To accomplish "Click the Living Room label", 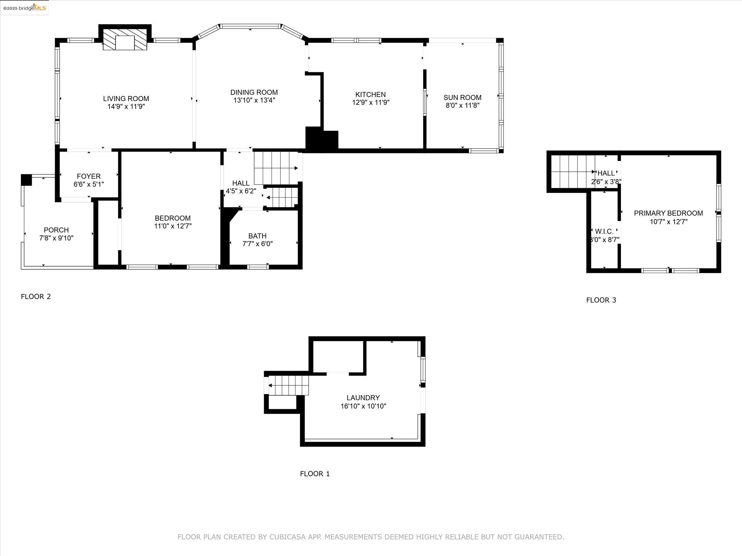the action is [x=126, y=99].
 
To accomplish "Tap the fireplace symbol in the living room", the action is [x=125, y=39].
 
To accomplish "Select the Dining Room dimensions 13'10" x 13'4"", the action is [x=254, y=100].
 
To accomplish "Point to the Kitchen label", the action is [x=371, y=95].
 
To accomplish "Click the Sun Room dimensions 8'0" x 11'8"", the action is [x=463, y=105].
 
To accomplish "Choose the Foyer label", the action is [x=88, y=176].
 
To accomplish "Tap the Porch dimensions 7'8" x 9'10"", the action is [x=56, y=238].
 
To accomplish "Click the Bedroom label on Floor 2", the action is [x=173, y=218].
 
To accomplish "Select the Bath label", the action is [x=257, y=236].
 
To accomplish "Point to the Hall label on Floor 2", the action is [x=241, y=183].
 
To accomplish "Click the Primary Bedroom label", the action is [x=668, y=213].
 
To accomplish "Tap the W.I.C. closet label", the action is [x=604, y=231].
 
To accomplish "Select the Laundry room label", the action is [x=363, y=398].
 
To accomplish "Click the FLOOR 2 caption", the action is [x=36, y=297].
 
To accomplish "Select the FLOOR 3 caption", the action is [x=601, y=300].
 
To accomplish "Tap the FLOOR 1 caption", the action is [x=315, y=474].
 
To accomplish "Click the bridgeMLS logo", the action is [x=24, y=7].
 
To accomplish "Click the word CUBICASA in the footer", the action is [x=288, y=537].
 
